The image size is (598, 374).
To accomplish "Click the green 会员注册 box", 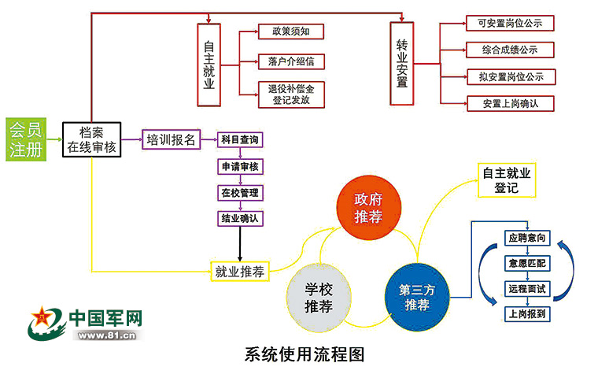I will click(25, 139).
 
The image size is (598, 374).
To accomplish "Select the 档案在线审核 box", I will click(92, 139).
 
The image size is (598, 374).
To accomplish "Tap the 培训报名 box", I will click(170, 140).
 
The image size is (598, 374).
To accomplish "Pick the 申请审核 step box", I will click(240, 167).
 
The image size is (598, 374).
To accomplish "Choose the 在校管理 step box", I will click(240, 192).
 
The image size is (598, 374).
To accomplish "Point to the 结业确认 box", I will click(240, 217).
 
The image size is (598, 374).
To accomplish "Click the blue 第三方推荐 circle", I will click(417, 295).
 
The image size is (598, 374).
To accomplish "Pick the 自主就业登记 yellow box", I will click(507, 180).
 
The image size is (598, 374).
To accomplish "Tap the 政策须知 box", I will click(291, 31).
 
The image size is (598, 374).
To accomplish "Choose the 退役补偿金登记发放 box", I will click(290, 94).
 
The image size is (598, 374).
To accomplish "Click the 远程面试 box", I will click(526, 289).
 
